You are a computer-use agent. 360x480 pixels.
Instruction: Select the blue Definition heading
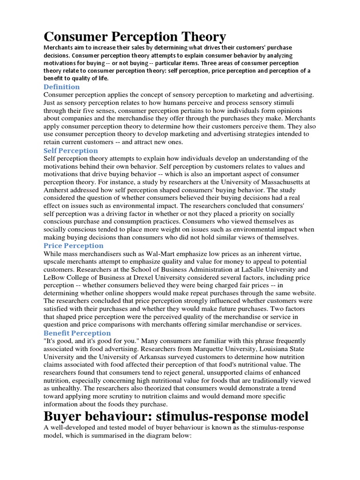pyautogui.click(x=61, y=87)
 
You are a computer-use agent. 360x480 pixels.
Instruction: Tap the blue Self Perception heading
pyautogui.click(x=71, y=150)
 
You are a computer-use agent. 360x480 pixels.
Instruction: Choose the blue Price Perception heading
pyautogui.click(x=74, y=246)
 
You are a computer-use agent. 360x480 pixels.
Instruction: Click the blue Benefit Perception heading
pyautogui.click(x=77, y=333)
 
